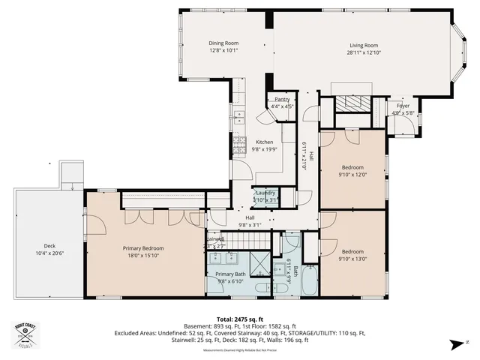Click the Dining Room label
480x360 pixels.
(223, 43)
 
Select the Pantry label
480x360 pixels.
(282, 99)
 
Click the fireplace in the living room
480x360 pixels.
(349, 103)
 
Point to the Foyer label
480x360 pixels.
(403, 106)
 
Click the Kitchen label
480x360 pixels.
(265, 142)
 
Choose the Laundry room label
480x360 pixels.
(265, 193)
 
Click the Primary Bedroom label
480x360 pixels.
(143, 248)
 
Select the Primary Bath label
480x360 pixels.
(230, 274)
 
